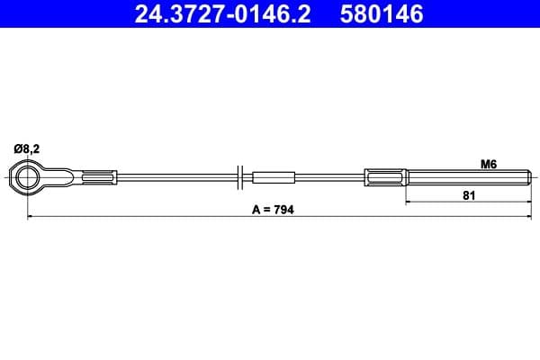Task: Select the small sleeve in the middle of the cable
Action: pos(274,176)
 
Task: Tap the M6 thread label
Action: pos(489,164)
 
